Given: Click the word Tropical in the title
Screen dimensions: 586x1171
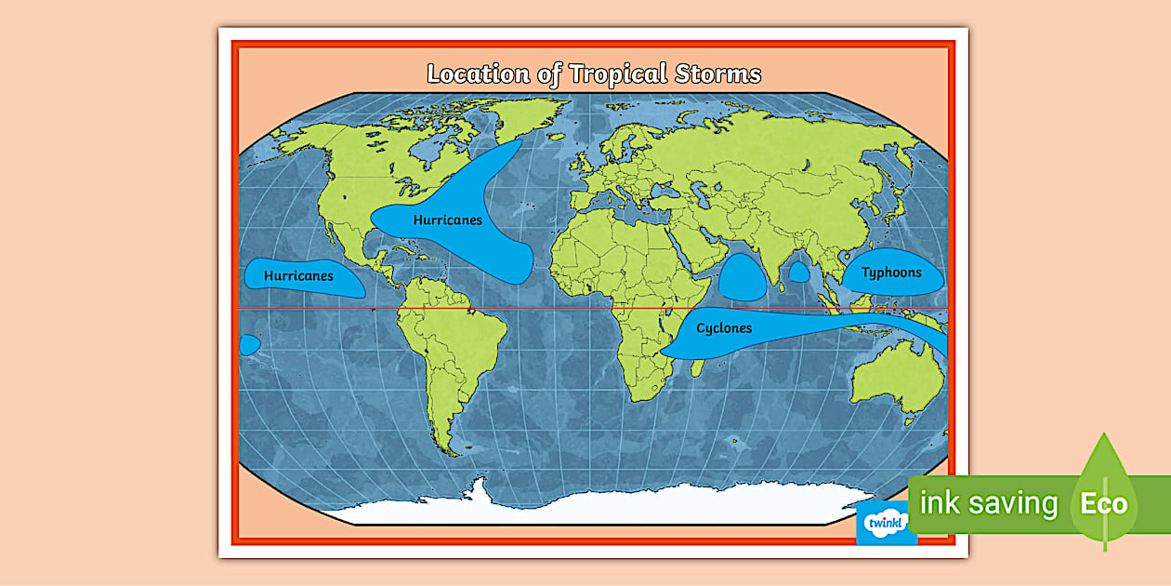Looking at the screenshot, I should tap(615, 74).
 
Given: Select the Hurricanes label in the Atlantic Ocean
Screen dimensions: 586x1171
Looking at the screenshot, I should tap(448, 220).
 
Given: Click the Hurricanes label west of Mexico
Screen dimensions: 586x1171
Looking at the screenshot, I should tap(298, 276).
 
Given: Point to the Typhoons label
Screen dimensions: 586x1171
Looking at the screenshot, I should tap(891, 273).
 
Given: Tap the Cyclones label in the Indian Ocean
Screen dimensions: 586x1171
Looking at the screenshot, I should tap(724, 328).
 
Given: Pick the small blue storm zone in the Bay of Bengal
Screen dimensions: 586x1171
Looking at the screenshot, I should tap(799, 272).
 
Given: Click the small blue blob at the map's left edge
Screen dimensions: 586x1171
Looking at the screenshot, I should tap(248, 344).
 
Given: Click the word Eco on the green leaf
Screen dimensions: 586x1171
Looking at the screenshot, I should tap(1103, 505).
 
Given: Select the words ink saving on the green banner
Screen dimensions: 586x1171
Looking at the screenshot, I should tap(988, 504).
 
